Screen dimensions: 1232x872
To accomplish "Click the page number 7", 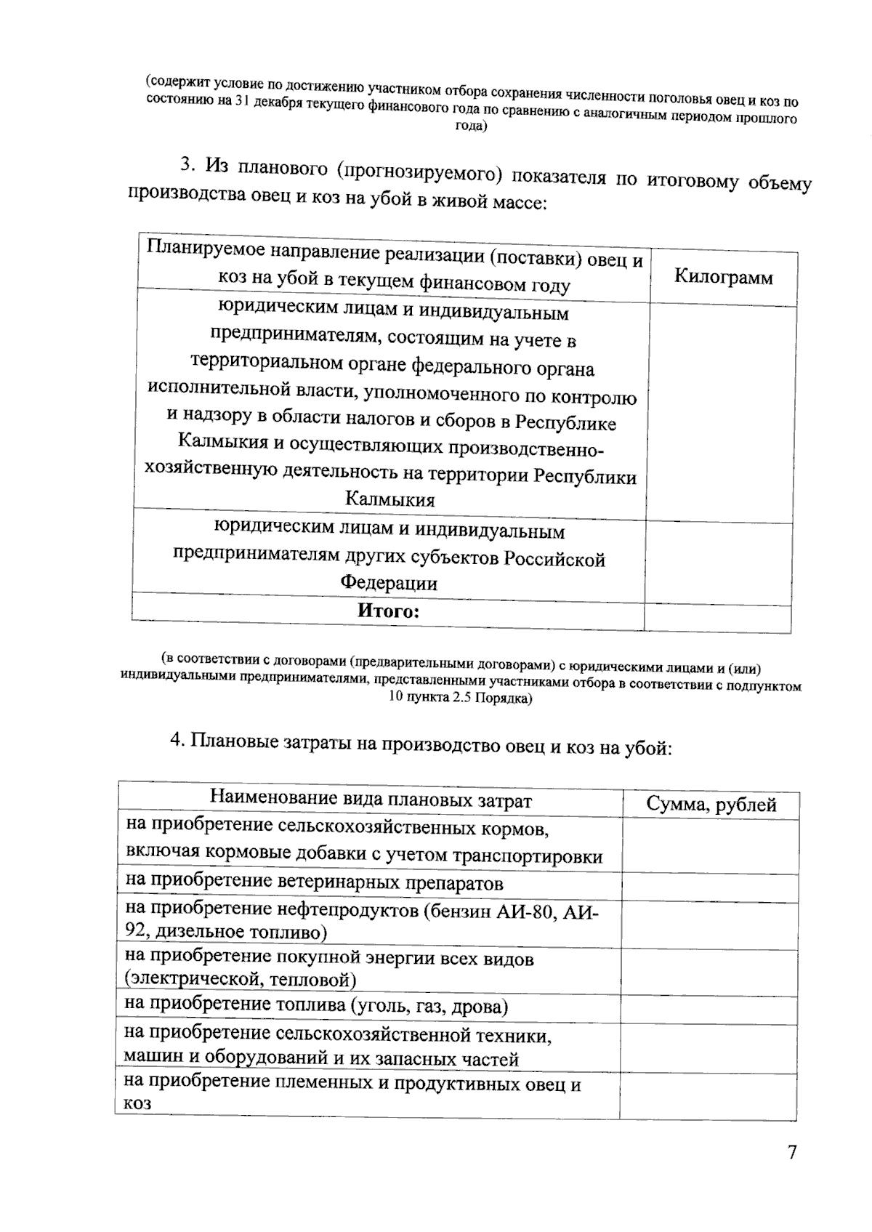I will [x=792, y=1153].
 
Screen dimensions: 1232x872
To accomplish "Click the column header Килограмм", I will [x=723, y=277].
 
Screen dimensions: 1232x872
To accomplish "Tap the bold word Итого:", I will [x=388, y=611].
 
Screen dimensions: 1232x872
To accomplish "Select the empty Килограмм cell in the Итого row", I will [x=717, y=618].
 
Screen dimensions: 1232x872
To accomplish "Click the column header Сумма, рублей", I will [x=711, y=805].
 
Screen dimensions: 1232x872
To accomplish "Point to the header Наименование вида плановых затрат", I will [x=371, y=800].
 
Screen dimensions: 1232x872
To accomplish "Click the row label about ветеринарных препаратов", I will [x=314, y=883].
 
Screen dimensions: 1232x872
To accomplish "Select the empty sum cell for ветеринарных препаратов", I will [x=709, y=888].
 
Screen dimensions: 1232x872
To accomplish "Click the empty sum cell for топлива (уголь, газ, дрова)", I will [x=709, y=1010].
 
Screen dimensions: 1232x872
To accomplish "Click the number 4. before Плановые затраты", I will [x=177, y=739].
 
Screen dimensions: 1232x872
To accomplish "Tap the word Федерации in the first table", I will [x=389, y=583].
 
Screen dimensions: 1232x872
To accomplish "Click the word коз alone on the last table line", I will [x=137, y=1103].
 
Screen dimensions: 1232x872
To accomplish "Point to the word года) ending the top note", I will [x=470, y=126].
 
